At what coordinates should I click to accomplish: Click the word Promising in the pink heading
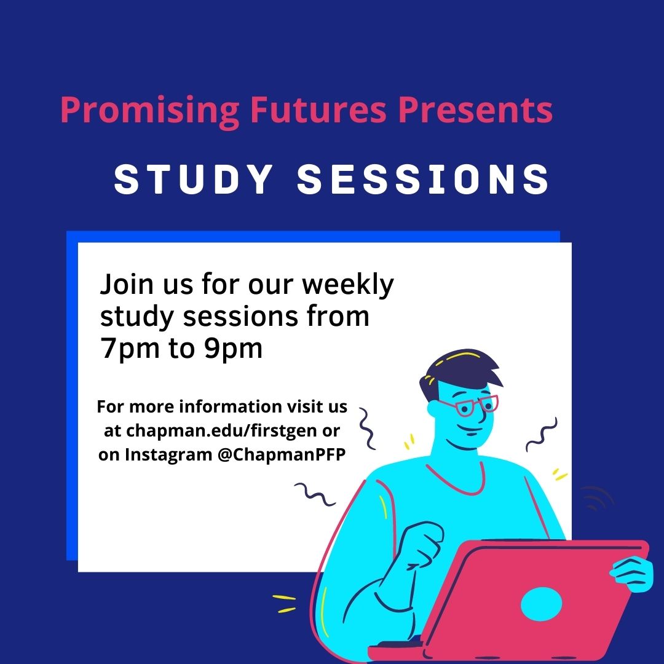pyautogui.click(x=149, y=111)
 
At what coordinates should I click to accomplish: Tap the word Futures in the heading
pyautogui.click(x=318, y=109)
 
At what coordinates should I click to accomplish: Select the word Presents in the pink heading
pyautogui.click(x=475, y=109)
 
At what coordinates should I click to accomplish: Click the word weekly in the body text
pyautogui.click(x=347, y=285)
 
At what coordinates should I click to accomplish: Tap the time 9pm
pyautogui.click(x=233, y=349)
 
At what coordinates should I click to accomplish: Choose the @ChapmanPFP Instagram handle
pyautogui.click(x=282, y=455)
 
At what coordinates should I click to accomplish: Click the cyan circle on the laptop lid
pyautogui.click(x=541, y=604)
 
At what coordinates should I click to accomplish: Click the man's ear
pyautogui.click(x=433, y=408)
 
